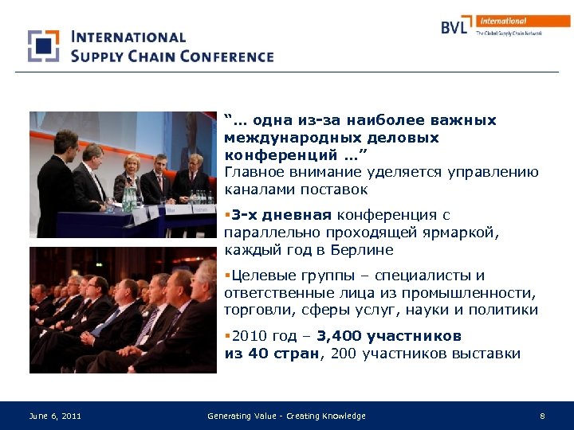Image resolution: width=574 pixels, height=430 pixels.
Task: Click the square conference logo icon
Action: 44,46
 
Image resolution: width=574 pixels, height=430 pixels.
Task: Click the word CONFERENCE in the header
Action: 226,56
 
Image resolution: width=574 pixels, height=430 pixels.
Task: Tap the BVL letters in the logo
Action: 457,26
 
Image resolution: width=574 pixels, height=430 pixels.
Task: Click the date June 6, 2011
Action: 55,416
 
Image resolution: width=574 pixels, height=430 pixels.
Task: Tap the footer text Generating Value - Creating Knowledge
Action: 286,416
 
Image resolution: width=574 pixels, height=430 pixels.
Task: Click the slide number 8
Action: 542,416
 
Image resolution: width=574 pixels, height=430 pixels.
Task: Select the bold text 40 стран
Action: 283,354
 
